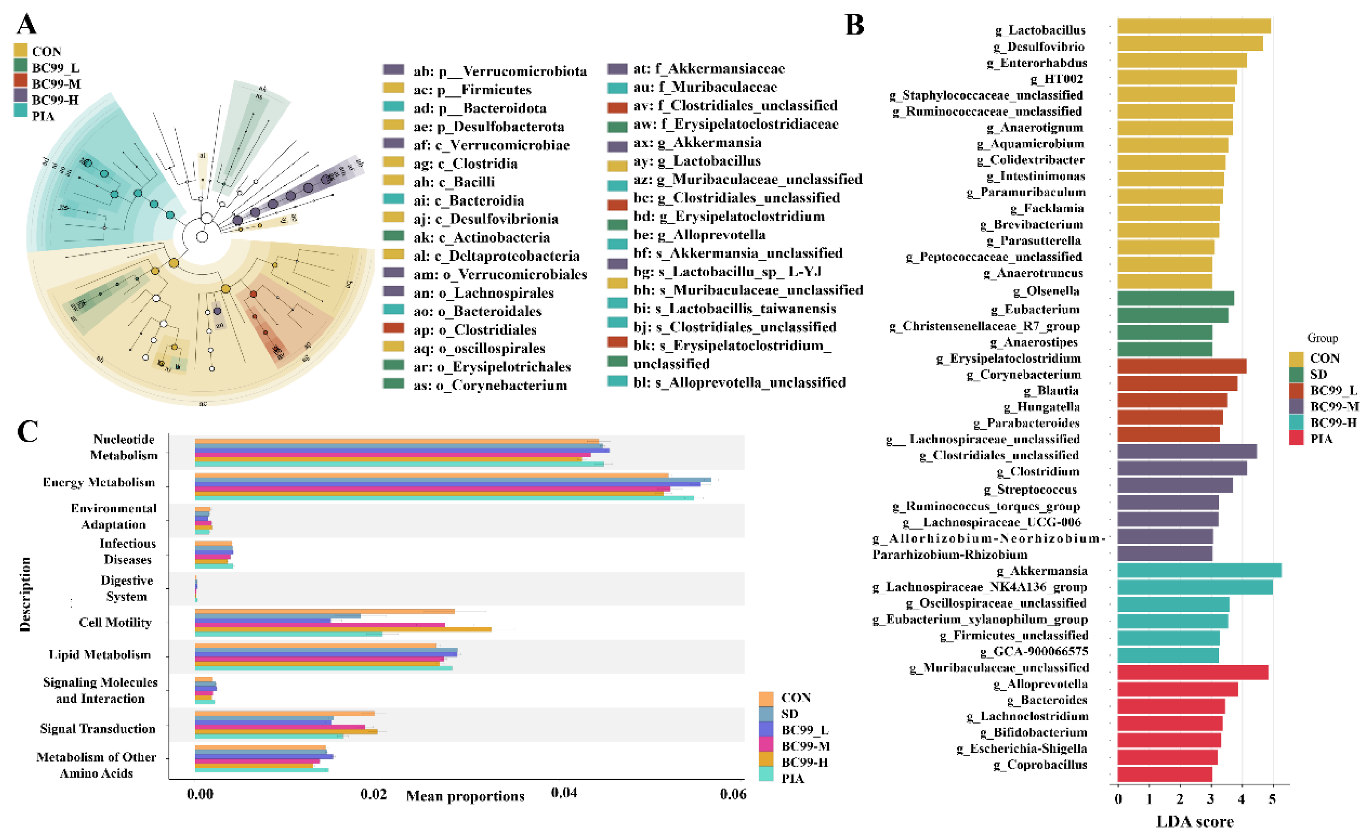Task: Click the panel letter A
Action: pos(27,24)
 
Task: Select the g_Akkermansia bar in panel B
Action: pos(1199,570)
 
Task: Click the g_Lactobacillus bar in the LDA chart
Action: pos(1193,26)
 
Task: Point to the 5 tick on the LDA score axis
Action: pos(1272,799)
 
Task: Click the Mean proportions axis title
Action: pos(465,796)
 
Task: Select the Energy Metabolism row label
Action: pos(99,483)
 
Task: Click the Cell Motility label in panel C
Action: pos(115,622)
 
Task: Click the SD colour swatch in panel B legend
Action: pos(1296,374)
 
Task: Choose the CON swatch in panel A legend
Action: pos(21,50)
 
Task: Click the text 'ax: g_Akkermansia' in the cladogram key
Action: pos(697,142)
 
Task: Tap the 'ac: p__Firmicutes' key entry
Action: pos(472,89)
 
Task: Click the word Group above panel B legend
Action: pos(1322,338)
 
